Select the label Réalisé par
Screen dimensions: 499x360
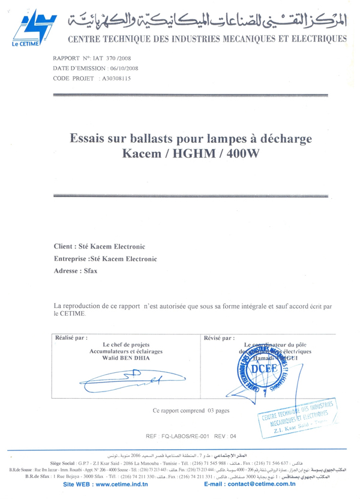pos(71,337)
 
